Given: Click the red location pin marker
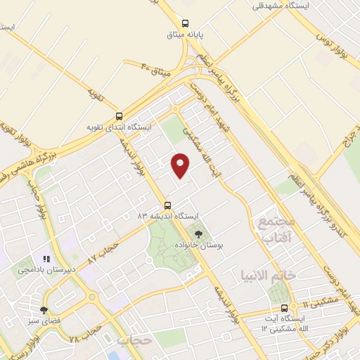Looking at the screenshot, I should coord(181,165).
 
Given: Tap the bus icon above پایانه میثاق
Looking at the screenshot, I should coord(185,22).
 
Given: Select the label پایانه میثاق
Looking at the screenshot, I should coord(184,34).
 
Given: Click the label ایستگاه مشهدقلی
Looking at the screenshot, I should coord(281,6).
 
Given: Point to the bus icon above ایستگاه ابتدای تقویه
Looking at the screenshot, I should coord(119,117).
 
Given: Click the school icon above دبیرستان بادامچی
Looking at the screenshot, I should coord(46,257).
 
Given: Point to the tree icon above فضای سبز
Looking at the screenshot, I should coord(44,309).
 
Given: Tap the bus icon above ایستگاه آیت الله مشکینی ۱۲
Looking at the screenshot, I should coord(284,308).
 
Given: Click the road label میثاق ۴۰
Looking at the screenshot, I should coord(155,69).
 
